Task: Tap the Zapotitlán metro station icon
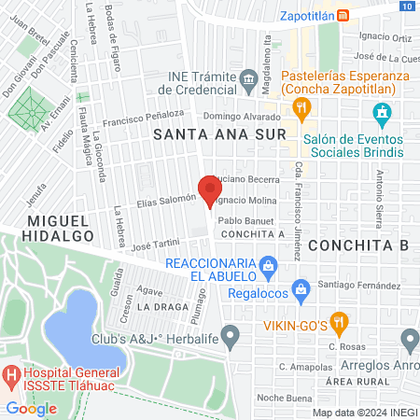pyautogui.click(x=343, y=15)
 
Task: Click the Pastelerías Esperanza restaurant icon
pyautogui.click(x=301, y=108)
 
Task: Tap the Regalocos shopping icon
pyautogui.click(x=300, y=289)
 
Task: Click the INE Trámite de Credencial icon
pyautogui.click(x=248, y=77)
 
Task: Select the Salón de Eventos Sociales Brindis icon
pyautogui.click(x=381, y=116)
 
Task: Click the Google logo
pyautogui.click(x=32, y=408)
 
